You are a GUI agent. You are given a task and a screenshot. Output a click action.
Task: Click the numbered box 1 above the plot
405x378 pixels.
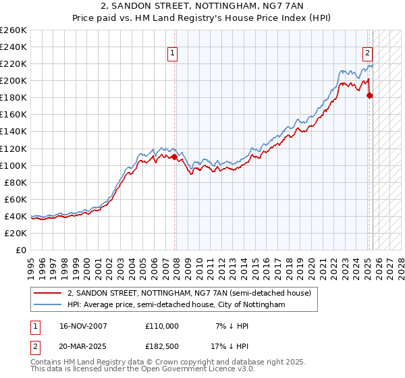[173, 54]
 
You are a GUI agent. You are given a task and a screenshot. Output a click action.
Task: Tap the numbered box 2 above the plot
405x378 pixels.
[368, 54]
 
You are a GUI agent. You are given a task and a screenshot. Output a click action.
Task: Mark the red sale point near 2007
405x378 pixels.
[175, 157]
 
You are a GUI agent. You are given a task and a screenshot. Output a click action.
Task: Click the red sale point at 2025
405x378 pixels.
[369, 96]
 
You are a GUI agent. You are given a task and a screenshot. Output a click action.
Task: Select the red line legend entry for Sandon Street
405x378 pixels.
[189, 293]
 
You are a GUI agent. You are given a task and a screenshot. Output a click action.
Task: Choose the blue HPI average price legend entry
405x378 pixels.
[176, 305]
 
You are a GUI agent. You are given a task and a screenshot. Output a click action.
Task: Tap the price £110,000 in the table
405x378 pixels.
[162, 326]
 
